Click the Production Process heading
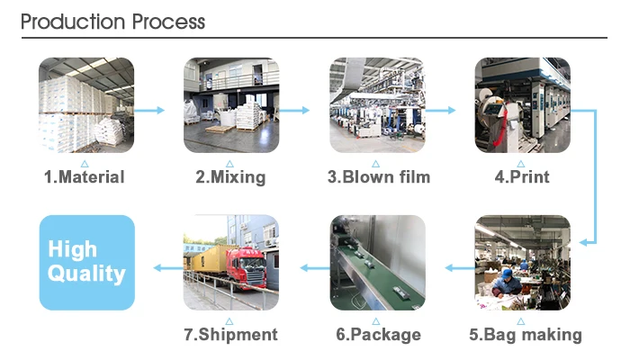(x=112, y=22)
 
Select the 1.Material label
(x=85, y=177)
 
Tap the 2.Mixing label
(x=230, y=177)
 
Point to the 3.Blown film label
(x=378, y=177)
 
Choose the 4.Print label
(x=522, y=177)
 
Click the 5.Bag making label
(x=525, y=335)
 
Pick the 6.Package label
(x=378, y=335)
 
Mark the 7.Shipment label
(x=230, y=335)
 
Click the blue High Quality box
(x=85, y=262)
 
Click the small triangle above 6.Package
(x=377, y=320)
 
